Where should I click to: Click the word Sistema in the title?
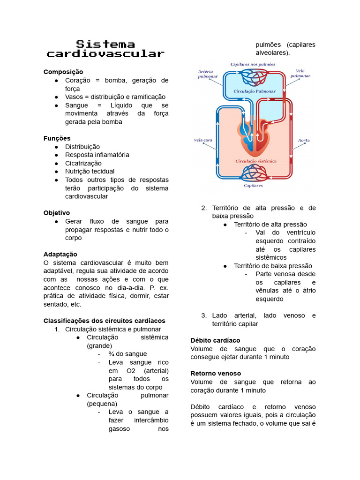point(105,44)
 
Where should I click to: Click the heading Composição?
point(63,72)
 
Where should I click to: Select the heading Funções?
point(57,138)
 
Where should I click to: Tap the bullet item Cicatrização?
point(83,163)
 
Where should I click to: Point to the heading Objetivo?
point(57,212)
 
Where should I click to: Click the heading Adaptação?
point(60,254)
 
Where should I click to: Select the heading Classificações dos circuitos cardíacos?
point(104,321)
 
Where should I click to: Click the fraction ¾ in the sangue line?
point(111,354)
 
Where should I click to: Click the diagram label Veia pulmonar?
point(300,73)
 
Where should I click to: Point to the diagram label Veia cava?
point(203,140)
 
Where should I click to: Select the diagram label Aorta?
point(303,140)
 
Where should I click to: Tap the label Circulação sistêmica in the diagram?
point(255,161)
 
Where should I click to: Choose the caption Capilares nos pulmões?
point(253,64)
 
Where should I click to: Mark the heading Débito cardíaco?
point(215,340)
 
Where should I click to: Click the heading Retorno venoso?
point(216,373)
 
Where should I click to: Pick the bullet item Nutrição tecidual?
point(90,172)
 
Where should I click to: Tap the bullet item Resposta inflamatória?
point(97,155)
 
